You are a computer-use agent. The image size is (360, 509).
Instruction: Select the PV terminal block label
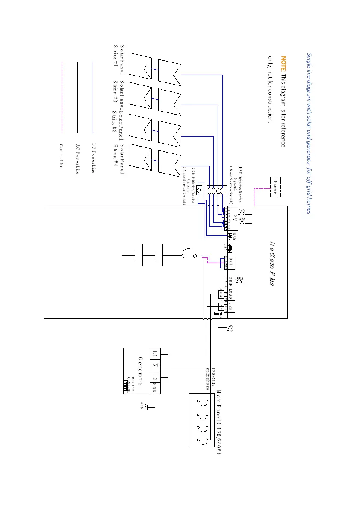234,218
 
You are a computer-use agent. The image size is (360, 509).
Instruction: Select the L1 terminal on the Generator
155,354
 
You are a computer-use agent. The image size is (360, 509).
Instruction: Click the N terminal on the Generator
155,365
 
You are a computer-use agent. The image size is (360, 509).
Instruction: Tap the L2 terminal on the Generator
155,377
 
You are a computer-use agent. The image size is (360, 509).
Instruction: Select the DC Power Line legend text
93,159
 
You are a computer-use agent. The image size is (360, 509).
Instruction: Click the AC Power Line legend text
77,159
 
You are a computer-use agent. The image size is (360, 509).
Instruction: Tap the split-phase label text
207,379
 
